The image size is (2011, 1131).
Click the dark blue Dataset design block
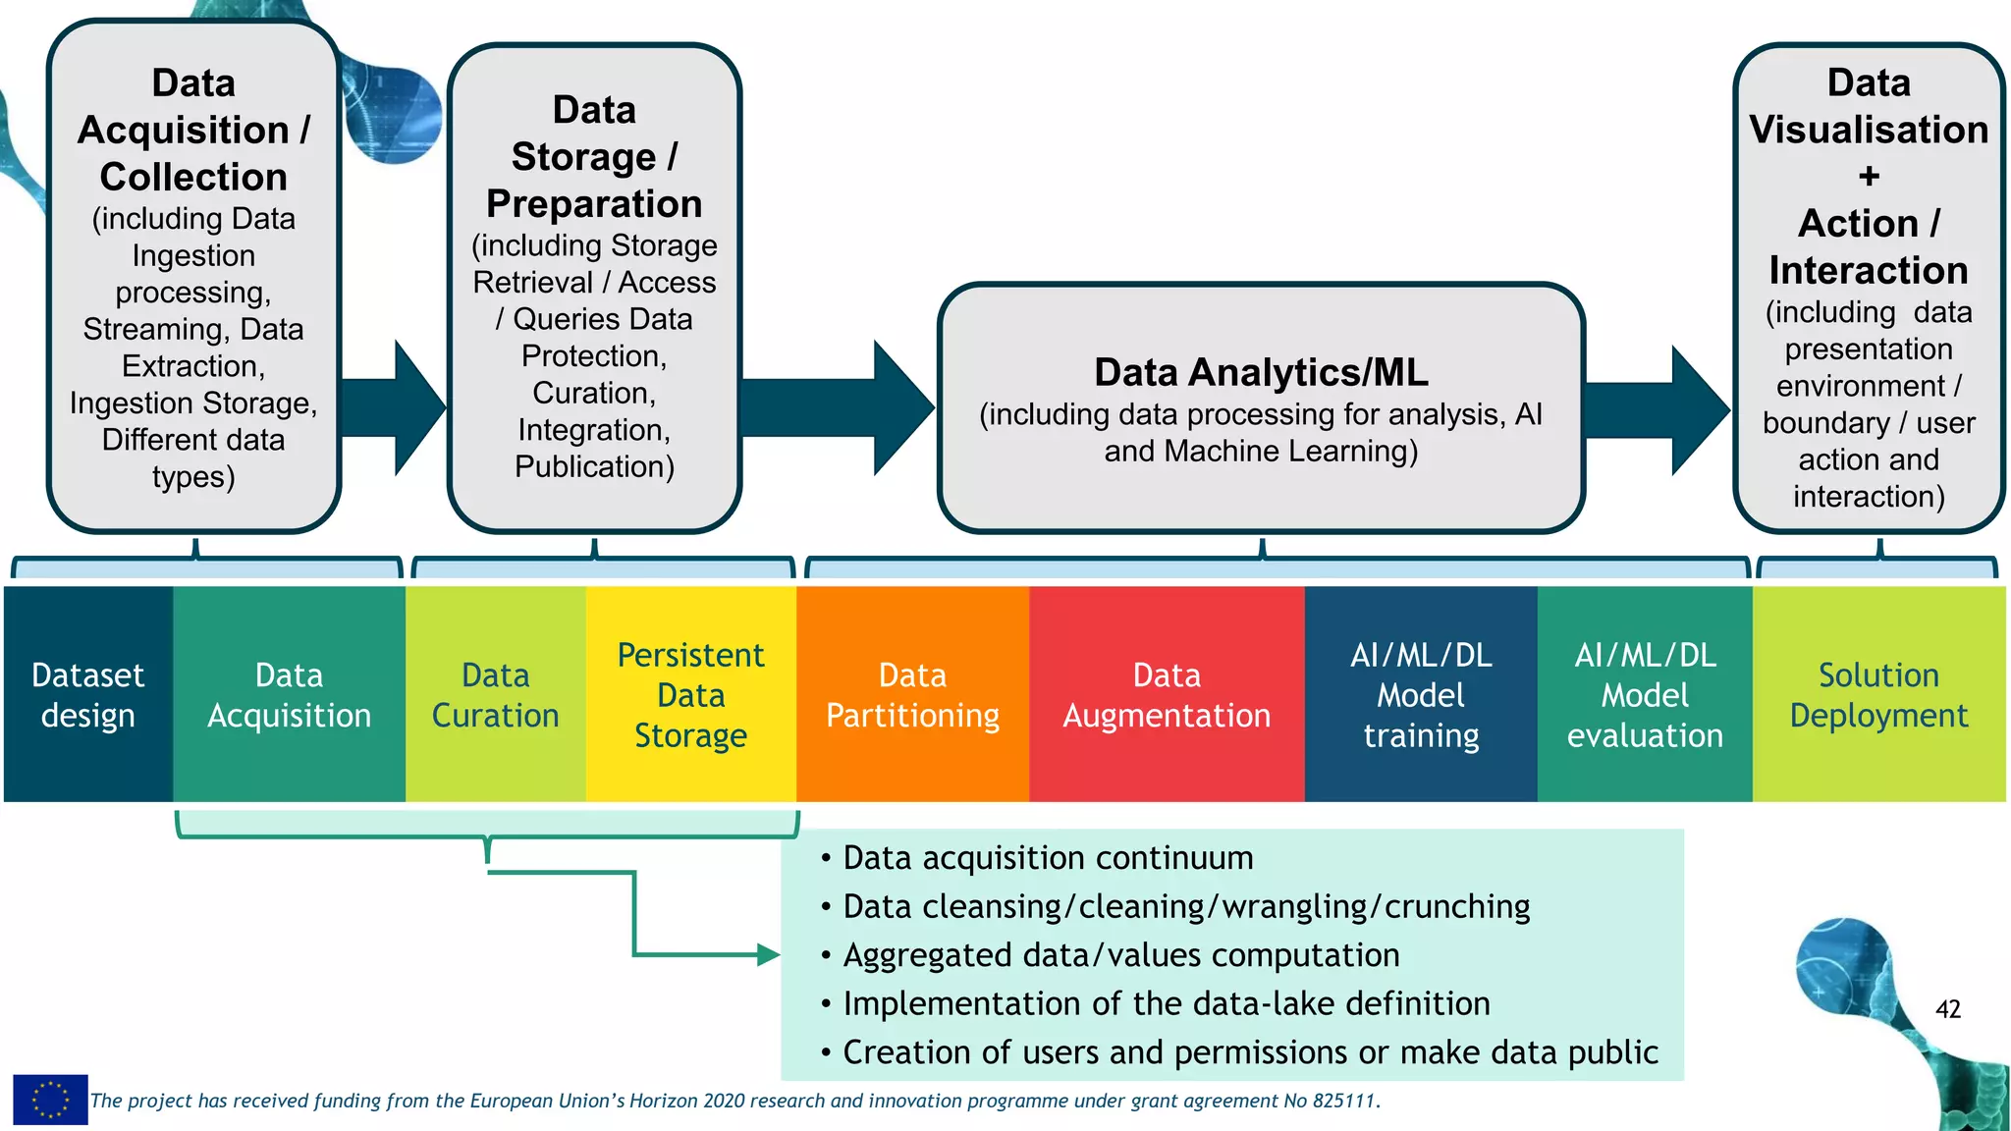tap(88, 694)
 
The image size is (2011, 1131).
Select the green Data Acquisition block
tap(289, 694)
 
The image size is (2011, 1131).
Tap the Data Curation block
tap(495, 694)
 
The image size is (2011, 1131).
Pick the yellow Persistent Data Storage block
tap(690, 694)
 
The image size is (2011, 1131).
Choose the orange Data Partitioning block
tap(912, 694)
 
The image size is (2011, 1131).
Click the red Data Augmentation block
tap(1167, 694)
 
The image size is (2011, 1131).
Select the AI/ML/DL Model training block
tap(1420, 694)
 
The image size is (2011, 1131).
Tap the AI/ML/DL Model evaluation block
tap(1645, 694)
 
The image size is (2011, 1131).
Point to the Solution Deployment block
tap(1878, 694)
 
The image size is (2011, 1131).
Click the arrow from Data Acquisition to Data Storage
tap(398, 407)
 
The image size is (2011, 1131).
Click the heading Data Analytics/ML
tap(1261, 372)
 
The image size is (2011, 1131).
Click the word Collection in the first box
tap(193, 177)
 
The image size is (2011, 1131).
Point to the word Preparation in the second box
tap(594, 203)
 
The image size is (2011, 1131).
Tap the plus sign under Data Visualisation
tap(1869, 177)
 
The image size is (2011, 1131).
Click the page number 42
tap(1947, 1008)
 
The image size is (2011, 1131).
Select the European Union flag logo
tap(50, 1099)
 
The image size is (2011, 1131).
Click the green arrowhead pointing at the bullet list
tap(768, 954)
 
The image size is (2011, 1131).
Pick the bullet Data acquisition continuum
tap(1048, 857)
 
